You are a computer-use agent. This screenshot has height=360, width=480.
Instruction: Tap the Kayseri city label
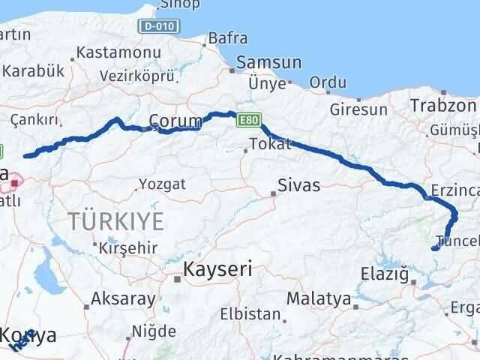click(x=217, y=269)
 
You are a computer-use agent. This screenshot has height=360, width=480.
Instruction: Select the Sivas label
click(x=298, y=184)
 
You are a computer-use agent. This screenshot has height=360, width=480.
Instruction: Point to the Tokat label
click(x=269, y=144)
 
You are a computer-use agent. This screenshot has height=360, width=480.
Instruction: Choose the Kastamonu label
click(x=119, y=53)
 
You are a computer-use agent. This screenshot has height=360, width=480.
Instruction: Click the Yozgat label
click(x=161, y=182)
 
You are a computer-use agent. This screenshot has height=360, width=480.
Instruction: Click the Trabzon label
click(x=443, y=106)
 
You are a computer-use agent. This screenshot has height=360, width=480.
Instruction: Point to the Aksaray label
click(x=123, y=298)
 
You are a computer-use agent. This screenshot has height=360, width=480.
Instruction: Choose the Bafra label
click(x=227, y=37)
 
